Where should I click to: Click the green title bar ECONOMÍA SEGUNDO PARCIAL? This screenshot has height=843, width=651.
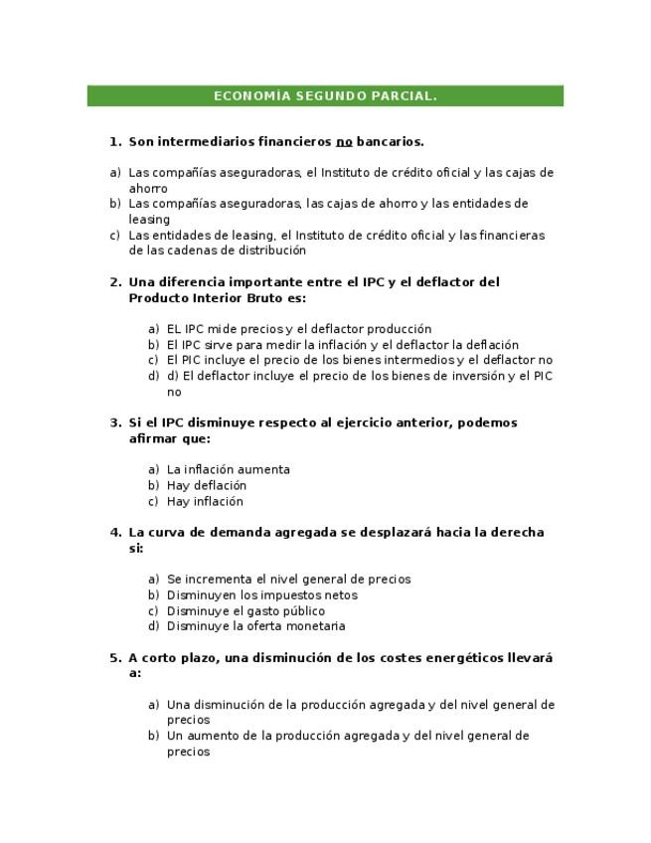(325, 96)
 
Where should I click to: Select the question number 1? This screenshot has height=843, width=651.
(114, 142)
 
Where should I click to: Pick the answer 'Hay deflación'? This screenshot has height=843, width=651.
(207, 486)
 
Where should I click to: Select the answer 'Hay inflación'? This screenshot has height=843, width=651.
(205, 502)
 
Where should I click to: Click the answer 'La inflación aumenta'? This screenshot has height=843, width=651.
(229, 470)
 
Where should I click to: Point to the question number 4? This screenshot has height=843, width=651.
(114, 533)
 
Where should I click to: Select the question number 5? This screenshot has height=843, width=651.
(114, 658)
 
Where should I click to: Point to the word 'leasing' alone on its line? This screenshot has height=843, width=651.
(149, 220)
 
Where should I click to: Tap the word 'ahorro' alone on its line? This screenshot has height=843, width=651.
(148, 189)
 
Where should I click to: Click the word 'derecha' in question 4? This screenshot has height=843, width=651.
(520, 533)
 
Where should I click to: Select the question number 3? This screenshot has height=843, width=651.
(114, 423)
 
